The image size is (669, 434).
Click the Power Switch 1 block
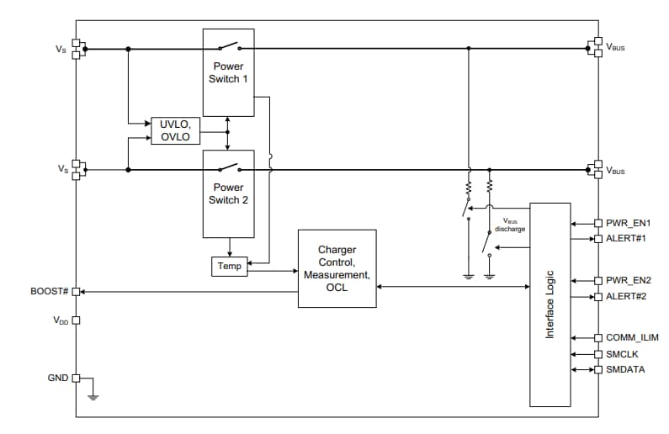[228, 72]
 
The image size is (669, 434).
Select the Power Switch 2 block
[228, 193]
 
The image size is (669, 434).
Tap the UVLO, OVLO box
[175, 131]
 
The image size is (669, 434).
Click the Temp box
[229, 266]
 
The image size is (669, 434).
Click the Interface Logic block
[550, 304]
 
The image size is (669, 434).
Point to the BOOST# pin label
[49, 291]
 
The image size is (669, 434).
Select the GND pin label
[57, 378]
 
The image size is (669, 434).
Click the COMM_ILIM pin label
[632, 337]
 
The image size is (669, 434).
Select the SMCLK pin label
[622, 354]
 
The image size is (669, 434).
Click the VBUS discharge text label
[510, 225]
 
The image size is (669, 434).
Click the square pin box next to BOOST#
[76, 291]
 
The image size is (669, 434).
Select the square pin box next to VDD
[76, 320]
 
